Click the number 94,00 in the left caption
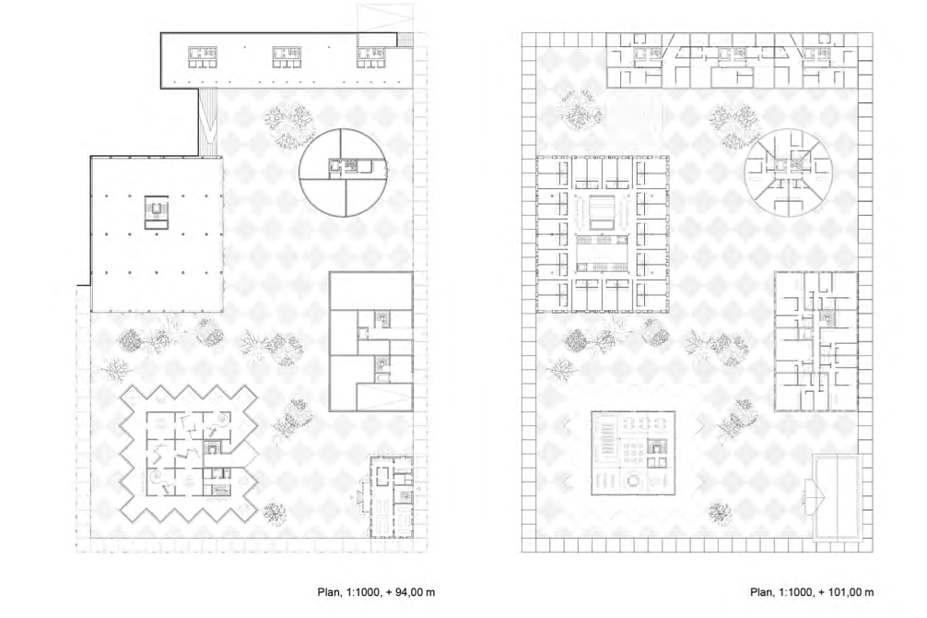(x=406, y=592)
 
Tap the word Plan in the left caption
(x=328, y=592)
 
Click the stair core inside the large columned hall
(x=158, y=212)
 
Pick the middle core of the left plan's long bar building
(x=287, y=57)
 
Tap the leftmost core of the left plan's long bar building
(x=203, y=57)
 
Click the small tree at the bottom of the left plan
(x=275, y=513)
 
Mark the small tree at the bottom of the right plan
(x=720, y=513)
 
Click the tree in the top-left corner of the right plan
(x=581, y=111)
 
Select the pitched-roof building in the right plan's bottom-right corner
(x=836, y=497)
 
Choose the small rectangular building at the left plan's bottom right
(x=391, y=496)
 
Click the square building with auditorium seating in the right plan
(x=633, y=453)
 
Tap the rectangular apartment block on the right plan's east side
(x=816, y=341)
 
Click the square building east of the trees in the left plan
(x=370, y=341)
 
